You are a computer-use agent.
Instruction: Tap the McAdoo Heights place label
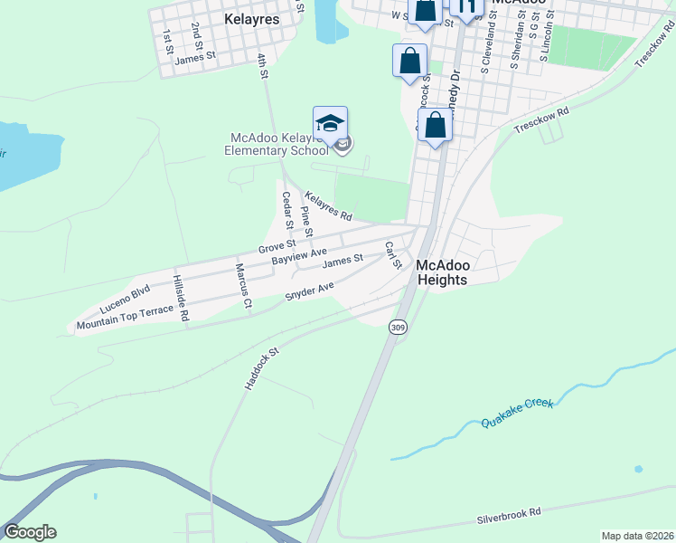[x=442, y=272]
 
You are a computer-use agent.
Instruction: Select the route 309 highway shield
[x=397, y=327]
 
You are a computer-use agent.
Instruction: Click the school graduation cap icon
[x=330, y=124]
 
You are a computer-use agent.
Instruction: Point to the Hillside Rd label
[x=181, y=298]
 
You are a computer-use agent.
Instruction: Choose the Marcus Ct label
[x=242, y=285]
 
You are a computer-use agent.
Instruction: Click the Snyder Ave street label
[x=309, y=291]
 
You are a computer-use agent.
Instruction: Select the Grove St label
[x=277, y=246]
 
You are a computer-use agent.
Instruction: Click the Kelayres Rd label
[x=327, y=205]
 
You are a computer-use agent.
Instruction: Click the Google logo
[x=30, y=532]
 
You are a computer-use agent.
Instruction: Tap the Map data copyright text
[x=636, y=536]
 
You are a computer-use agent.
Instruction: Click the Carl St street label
[x=392, y=255]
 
